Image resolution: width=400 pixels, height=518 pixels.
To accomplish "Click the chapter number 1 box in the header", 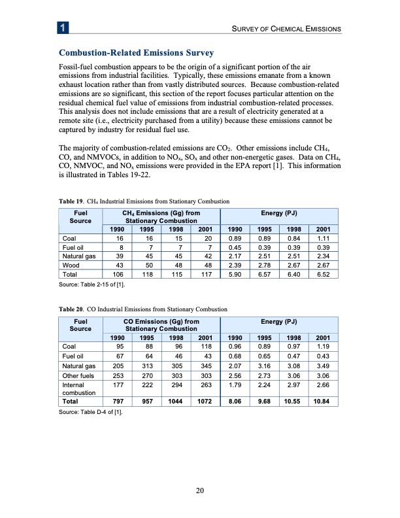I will pos(61,28).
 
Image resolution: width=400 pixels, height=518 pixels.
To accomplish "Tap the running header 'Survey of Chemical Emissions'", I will pos(283,29).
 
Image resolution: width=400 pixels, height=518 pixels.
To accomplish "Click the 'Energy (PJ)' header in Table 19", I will pos(280,213).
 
